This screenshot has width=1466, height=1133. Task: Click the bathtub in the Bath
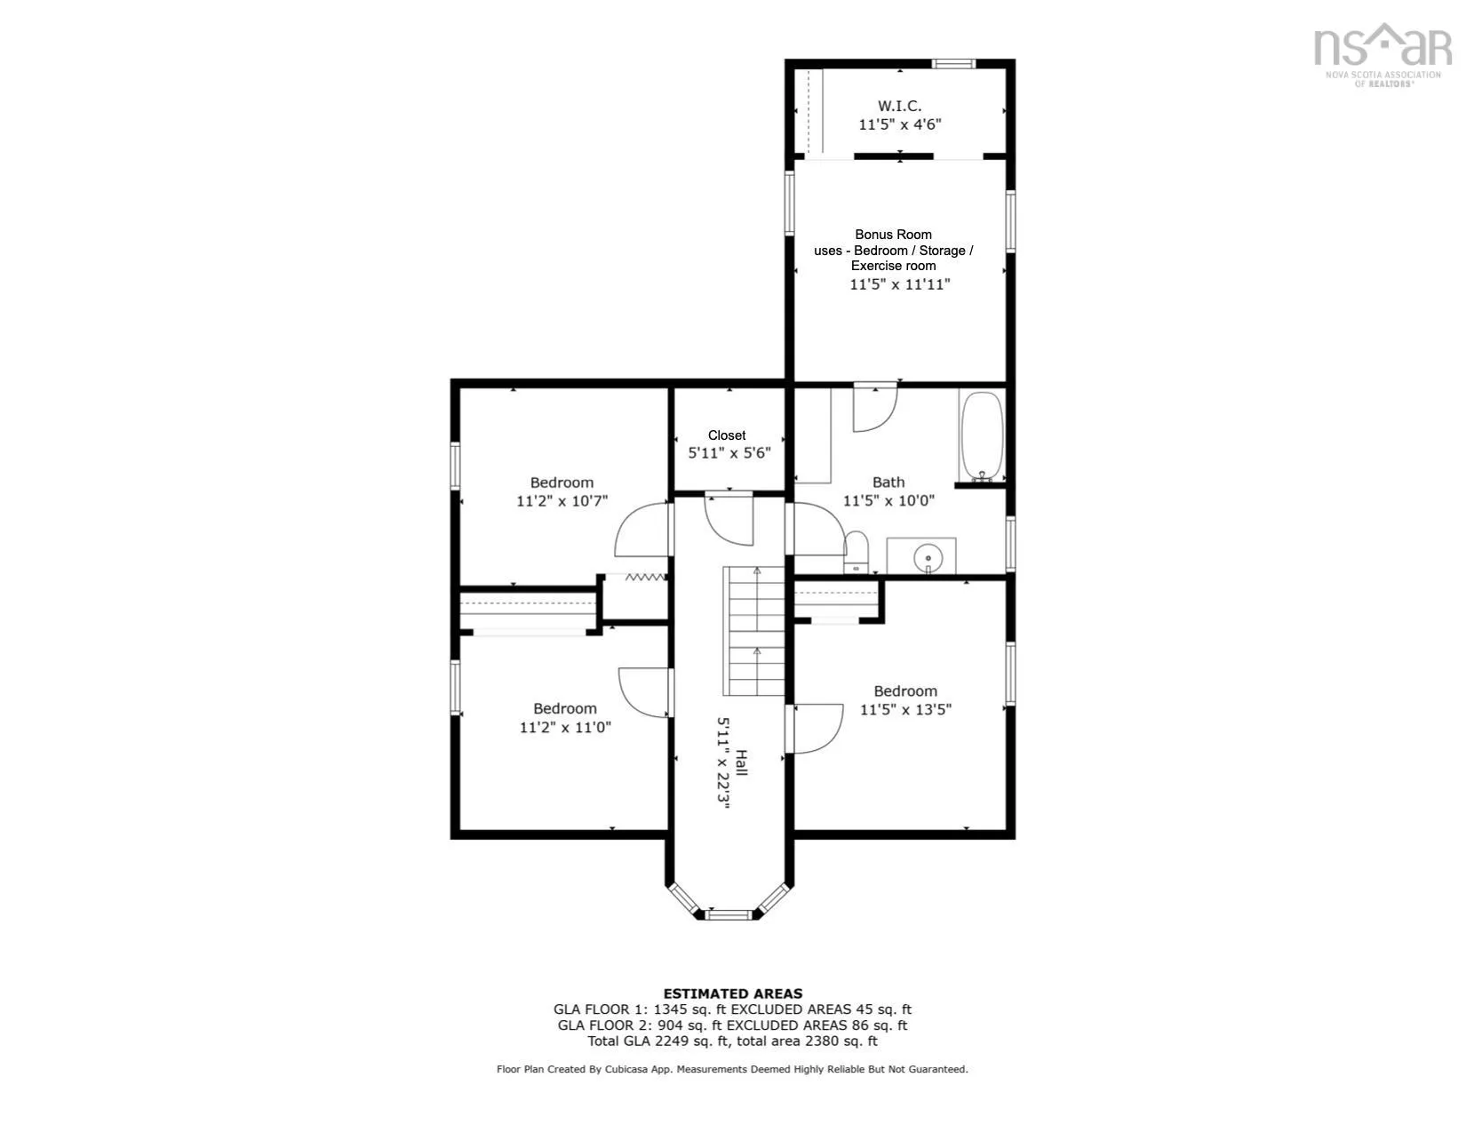(x=982, y=435)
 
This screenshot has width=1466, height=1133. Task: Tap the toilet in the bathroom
(x=856, y=553)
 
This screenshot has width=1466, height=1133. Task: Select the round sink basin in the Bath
(x=928, y=558)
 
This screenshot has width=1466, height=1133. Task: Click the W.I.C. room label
(x=899, y=106)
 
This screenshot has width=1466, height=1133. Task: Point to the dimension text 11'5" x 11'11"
(x=899, y=284)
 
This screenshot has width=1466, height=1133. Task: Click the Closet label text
(x=727, y=435)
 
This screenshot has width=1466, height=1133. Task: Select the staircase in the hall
(x=753, y=631)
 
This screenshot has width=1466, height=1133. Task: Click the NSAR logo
(x=1382, y=54)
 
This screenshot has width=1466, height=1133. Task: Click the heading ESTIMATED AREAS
(x=733, y=993)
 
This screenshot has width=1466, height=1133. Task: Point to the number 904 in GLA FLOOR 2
(x=672, y=1025)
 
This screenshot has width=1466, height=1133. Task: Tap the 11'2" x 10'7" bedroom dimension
(x=562, y=501)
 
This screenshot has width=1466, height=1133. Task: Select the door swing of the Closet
(x=729, y=520)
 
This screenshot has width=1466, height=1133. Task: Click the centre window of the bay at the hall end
(x=728, y=915)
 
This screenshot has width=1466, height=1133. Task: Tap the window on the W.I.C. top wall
(x=953, y=64)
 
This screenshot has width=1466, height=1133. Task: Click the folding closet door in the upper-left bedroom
(x=645, y=577)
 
